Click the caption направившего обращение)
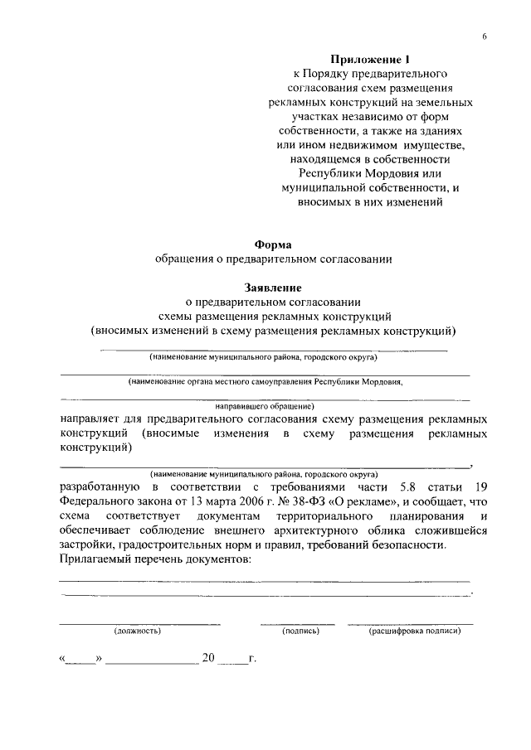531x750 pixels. coord(265,407)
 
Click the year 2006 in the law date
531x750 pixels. coord(246,501)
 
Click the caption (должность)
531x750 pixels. coord(137,631)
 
